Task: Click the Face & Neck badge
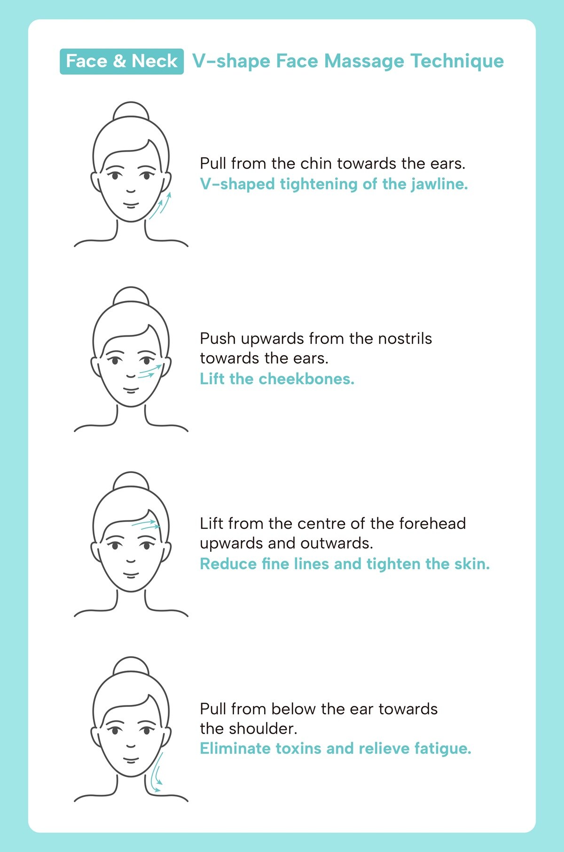coord(122,61)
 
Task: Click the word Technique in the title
coord(457,62)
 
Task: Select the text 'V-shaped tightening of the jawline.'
coord(334,184)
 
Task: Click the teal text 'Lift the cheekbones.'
coord(277,379)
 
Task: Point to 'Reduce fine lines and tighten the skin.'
coord(345,564)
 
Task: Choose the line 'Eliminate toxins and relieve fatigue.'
coord(335,748)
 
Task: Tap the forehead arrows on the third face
coord(146,524)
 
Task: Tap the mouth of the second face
coord(131,390)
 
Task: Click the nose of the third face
coord(131,561)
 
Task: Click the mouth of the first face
coord(131,205)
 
